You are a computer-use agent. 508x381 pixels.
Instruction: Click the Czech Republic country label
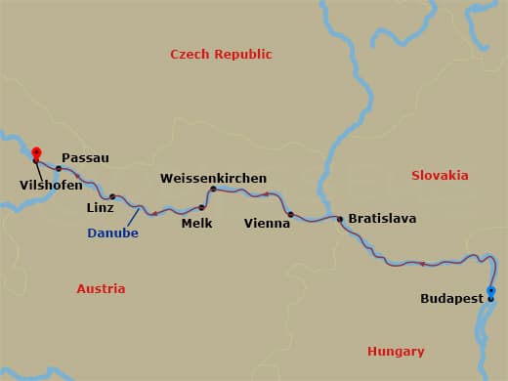(221, 55)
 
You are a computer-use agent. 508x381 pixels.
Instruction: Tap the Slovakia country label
(440, 176)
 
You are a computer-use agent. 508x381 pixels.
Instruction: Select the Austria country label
(101, 288)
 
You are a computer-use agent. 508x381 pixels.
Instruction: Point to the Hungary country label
(396, 351)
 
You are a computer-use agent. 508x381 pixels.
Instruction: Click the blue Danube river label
(112, 233)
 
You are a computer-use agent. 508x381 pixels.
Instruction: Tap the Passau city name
(85, 156)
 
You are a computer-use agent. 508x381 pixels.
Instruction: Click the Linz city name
(101, 208)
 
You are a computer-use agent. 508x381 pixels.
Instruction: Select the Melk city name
(196, 223)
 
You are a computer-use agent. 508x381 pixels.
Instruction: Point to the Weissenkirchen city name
(214, 178)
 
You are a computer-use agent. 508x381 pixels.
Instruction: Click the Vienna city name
(267, 223)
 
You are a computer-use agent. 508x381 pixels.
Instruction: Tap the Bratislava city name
(382, 218)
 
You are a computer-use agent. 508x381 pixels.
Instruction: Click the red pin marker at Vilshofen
(36, 152)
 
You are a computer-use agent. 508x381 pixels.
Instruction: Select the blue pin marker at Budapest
(490, 291)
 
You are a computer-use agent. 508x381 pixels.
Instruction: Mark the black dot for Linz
(112, 196)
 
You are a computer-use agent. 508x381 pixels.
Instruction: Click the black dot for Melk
(202, 207)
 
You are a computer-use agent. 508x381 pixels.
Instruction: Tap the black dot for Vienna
(290, 213)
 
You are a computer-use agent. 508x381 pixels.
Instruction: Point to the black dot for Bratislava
(340, 219)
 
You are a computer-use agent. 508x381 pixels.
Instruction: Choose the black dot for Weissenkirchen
(213, 189)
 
